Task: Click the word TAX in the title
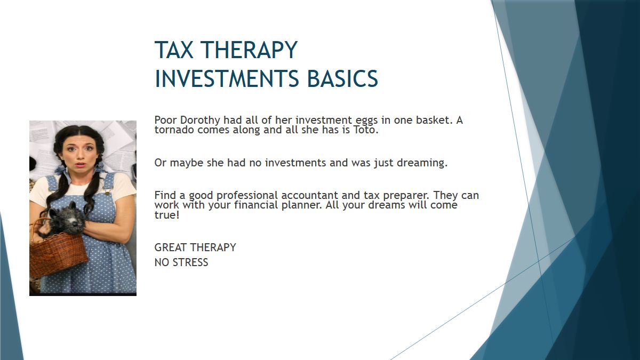[174, 50]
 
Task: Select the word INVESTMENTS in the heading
[227, 78]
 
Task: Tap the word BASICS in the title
[342, 78]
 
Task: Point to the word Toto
[366, 130]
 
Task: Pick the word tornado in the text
[174, 130]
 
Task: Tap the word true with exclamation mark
[167, 215]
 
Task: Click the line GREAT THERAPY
[195, 247]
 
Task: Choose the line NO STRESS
[181, 262]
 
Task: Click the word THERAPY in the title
[250, 50]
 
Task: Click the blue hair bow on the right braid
[101, 167]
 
